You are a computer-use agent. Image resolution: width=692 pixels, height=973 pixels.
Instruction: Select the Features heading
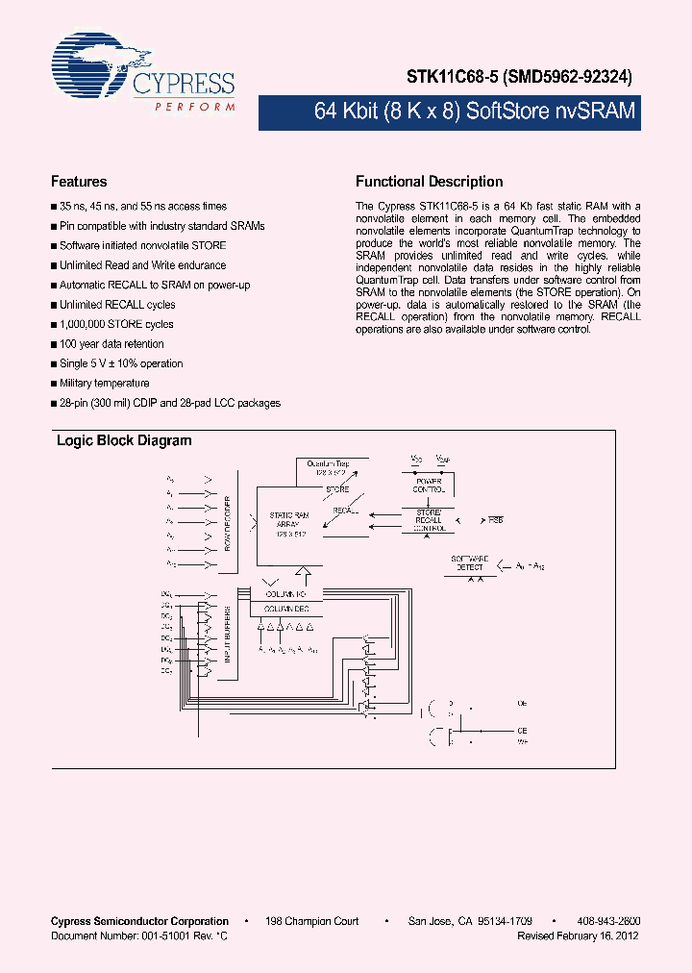point(78,182)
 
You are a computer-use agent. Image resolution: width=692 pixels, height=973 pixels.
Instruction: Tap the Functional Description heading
point(429,182)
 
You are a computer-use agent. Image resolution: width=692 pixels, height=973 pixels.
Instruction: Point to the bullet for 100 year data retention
point(111,344)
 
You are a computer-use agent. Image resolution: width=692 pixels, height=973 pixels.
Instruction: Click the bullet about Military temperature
point(104,384)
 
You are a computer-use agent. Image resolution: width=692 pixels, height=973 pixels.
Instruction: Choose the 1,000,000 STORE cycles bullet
point(116,324)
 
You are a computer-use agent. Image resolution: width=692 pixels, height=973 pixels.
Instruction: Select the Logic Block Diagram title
point(124,441)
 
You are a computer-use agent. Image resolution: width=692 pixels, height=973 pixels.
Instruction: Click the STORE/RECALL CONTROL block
point(428,520)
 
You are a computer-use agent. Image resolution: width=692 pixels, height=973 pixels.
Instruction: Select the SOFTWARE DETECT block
point(470,564)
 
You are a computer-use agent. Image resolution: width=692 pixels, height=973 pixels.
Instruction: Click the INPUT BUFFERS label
point(228,636)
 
